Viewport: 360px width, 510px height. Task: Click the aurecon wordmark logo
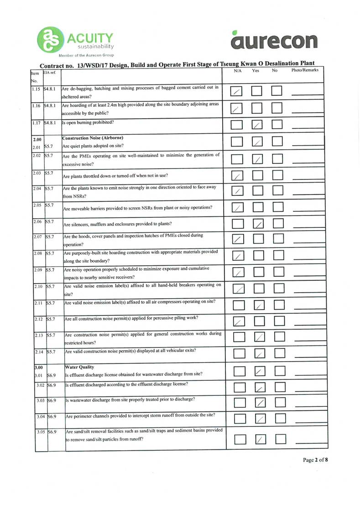[274, 41]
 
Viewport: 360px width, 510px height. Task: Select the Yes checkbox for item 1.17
[258, 125]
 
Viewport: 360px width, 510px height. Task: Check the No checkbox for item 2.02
[277, 159]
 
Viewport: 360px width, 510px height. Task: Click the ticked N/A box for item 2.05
[237, 208]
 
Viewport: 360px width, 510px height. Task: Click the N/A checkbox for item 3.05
[240, 439]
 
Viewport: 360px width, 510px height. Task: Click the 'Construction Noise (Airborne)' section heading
[93, 138]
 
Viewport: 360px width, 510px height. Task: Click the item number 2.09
[38, 270]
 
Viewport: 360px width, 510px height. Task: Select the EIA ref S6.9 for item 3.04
[52, 417]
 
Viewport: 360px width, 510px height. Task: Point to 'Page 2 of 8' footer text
[315, 460]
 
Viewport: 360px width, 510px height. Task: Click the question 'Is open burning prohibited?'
[88, 123]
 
